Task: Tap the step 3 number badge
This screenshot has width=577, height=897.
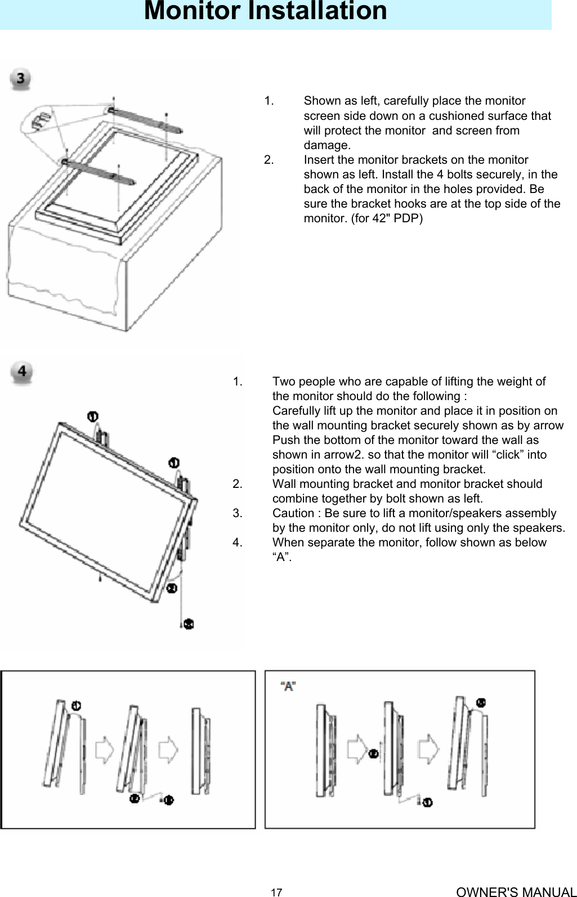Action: (22, 79)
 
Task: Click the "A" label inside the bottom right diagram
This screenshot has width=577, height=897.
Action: (289, 687)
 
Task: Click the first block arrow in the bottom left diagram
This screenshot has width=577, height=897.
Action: (105, 751)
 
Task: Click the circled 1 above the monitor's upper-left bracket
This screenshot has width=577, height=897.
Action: (93, 416)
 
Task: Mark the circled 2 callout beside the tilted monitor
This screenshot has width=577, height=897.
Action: (171, 588)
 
